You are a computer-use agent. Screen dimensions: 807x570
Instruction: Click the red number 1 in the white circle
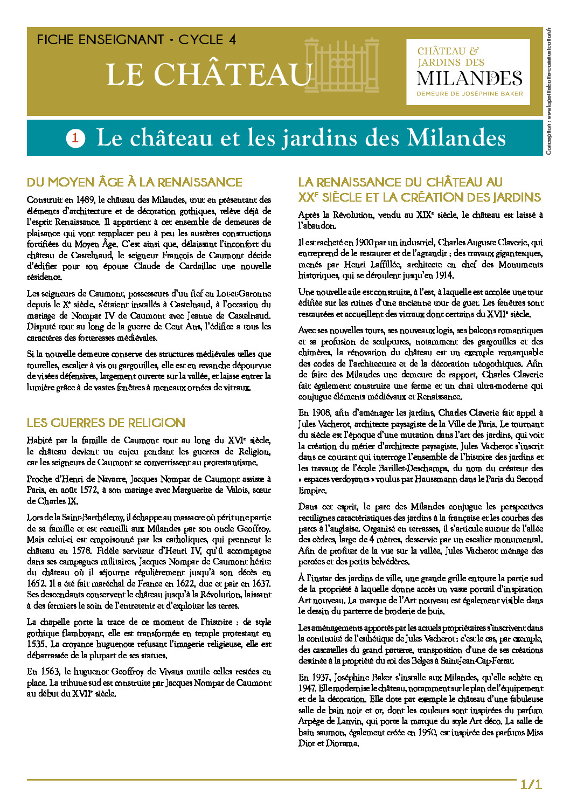click(75, 138)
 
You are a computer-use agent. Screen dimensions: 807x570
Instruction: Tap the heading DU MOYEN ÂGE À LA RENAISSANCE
click(135, 182)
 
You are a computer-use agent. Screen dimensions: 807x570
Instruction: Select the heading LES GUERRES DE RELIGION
click(106, 423)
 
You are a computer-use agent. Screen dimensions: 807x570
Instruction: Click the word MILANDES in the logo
click(469, 79)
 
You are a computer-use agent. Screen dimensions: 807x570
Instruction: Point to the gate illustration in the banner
click(342, 65)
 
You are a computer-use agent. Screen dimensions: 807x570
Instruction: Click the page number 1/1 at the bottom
click(531, 784)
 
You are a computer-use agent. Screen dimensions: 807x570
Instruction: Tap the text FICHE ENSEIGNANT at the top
click(100, 40)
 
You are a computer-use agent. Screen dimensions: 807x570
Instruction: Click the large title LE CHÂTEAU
click(209, 74)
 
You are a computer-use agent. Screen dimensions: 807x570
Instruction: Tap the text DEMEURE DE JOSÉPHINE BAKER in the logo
click(469, 94)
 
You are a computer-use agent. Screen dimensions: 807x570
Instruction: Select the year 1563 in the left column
click(50, 672)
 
